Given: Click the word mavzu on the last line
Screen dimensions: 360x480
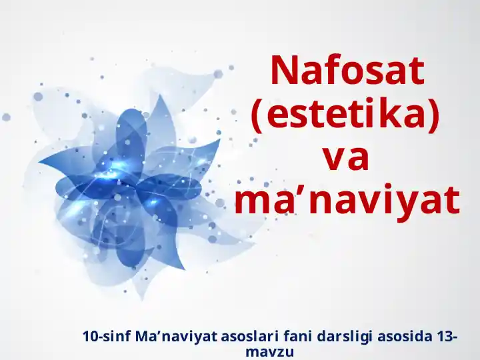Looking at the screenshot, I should point(269,351).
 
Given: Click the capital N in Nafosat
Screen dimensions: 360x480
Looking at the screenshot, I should point(283,70).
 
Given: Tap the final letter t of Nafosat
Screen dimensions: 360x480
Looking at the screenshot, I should point(416,71).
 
